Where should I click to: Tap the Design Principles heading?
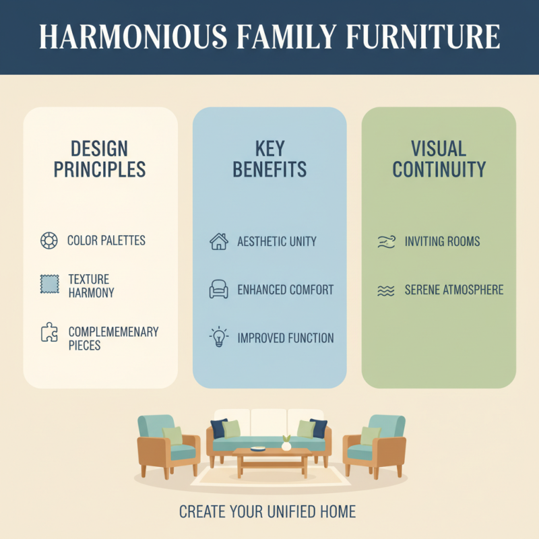(100, 159)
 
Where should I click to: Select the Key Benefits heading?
(269, 159)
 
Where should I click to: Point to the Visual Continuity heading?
(439, 159)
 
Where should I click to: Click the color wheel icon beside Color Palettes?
(49, 241)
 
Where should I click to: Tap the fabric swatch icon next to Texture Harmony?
(49, 285)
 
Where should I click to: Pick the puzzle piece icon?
(49, 333)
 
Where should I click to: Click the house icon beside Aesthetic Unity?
(219, 242)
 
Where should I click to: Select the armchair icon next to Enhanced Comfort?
(219, 290)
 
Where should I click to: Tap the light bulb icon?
(219, 337)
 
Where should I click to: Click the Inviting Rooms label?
(442, 241)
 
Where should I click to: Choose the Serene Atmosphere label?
(454, 290)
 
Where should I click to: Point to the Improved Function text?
(286, 338)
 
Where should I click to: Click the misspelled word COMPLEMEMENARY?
(113, 332)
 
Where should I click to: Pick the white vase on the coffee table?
(286, 445)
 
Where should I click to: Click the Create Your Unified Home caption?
(267, 512)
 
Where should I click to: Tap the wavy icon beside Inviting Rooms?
(386, 242)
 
